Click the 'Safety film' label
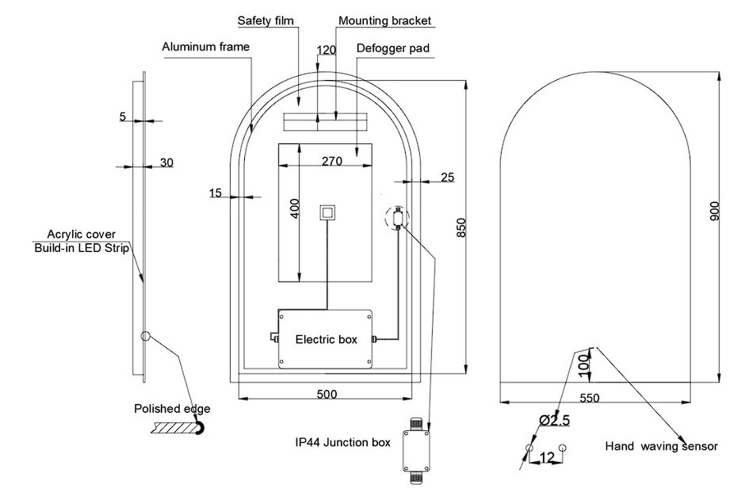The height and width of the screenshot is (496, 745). (266, 20)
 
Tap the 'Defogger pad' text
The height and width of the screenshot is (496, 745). (393, 48)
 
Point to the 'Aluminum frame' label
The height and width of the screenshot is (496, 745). (206, 47)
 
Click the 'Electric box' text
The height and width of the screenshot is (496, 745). (326, 339)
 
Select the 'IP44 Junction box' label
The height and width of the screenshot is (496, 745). (342, 442)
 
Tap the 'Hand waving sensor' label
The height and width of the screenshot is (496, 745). (662, 446)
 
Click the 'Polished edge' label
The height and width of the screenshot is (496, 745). (173, 409)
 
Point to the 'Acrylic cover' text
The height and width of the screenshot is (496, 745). (82, 235)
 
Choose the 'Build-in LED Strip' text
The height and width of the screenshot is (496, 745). (81, 248)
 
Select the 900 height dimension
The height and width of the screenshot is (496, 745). (715, 211)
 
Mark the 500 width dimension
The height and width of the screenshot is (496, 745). (327, 394)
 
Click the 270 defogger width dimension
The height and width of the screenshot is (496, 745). (331, 161)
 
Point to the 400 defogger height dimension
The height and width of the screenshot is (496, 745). (294, 208)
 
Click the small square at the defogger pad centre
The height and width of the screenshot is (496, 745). (327, 212)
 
